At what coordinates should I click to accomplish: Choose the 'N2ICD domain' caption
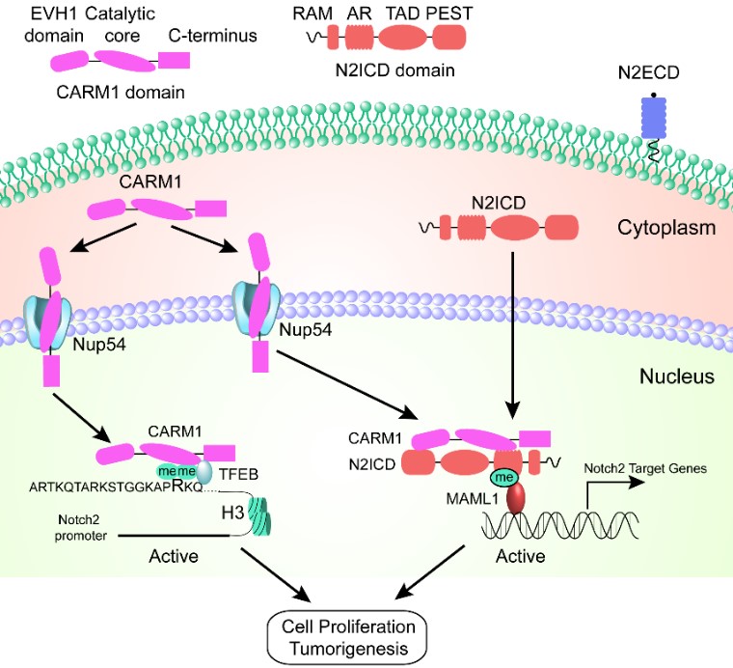click(397, 70)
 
